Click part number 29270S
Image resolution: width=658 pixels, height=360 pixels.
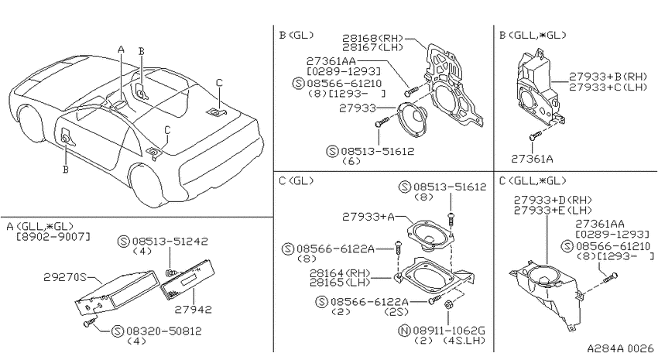[64, 277]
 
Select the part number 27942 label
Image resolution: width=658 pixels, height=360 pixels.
[194, 310]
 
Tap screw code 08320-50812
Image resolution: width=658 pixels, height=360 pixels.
[164, 331]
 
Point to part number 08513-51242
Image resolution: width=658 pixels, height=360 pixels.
[170, 242]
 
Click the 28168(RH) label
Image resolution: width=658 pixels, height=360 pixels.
[372, 39]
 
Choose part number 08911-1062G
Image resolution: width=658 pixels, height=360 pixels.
[448, 331]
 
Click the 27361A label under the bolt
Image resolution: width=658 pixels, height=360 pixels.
[532, 159]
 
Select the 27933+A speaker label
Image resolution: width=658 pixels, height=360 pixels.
[368, 217]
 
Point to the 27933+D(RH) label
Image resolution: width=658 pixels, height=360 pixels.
[553, 201]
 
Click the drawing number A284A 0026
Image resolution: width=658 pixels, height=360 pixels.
[620, 348]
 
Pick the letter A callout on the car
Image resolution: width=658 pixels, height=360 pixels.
[122, 50]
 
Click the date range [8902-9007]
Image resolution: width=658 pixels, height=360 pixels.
[53, 237]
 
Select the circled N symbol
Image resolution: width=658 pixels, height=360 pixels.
[403, 331]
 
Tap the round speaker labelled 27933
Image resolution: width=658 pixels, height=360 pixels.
[412, 118]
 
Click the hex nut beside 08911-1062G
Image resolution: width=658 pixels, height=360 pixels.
[447, 304]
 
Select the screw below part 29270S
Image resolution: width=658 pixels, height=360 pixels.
[89, 322]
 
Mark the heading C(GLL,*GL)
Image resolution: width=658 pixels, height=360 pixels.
[533, 181]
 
